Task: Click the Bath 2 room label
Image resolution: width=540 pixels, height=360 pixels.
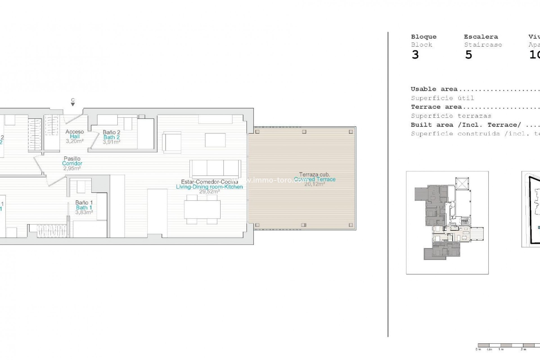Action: coord(111,137)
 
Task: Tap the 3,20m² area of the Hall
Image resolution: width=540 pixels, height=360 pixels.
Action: coord(75,141)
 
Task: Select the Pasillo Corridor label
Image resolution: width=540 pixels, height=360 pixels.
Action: coord(72,161)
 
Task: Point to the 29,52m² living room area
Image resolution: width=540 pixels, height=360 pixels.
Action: coord(209,192)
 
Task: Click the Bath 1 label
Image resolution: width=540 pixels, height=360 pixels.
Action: coord(84,208)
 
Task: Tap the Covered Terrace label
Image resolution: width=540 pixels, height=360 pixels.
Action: coord(315,179)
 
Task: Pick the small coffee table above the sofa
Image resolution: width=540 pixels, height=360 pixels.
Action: coord(215,140)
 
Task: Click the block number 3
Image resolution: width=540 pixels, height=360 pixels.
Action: coord(415,55)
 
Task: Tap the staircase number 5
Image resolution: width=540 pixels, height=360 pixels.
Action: coord(468,55)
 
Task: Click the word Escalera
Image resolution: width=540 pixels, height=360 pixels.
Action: coord(481,37)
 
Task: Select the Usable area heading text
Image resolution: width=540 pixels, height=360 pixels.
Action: coord(434,89)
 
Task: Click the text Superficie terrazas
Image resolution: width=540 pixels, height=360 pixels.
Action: coord(451,116)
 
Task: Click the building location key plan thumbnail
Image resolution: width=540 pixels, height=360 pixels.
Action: coord(447,222)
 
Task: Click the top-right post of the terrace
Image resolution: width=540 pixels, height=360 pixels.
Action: coord(350,132)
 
